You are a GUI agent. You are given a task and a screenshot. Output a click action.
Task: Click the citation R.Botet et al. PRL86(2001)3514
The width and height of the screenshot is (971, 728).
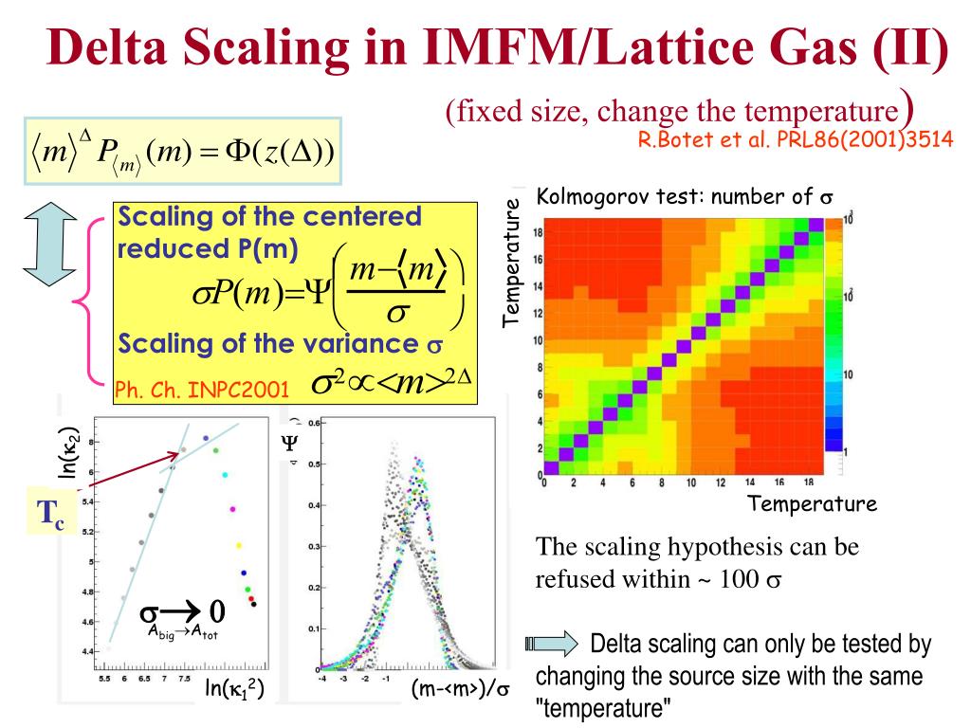click(795, 139)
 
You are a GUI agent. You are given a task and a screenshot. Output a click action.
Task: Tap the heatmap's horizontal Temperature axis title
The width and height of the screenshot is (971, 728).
click(812, 503)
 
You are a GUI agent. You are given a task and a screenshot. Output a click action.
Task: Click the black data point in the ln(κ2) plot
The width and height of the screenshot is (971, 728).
click(253, 604)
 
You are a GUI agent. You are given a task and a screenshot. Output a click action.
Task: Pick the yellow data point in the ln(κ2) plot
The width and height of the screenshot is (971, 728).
click(238, 544)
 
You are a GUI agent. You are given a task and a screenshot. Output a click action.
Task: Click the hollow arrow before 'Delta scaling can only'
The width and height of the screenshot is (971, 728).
click(551, 646)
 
